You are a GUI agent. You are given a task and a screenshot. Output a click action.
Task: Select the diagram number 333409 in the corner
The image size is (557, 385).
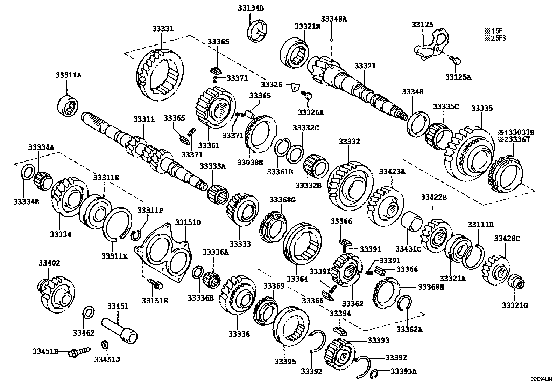(x=541, y=379)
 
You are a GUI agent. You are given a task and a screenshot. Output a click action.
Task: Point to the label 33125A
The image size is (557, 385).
(x=458, y=77)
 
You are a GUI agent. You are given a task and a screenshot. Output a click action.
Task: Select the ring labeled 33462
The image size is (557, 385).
(x=89, y=312)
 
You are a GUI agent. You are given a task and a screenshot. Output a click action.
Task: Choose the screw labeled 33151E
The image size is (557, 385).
(x=155, y=283)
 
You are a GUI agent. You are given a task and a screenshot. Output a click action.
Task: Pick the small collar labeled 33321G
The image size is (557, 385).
(x=516, y=282)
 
